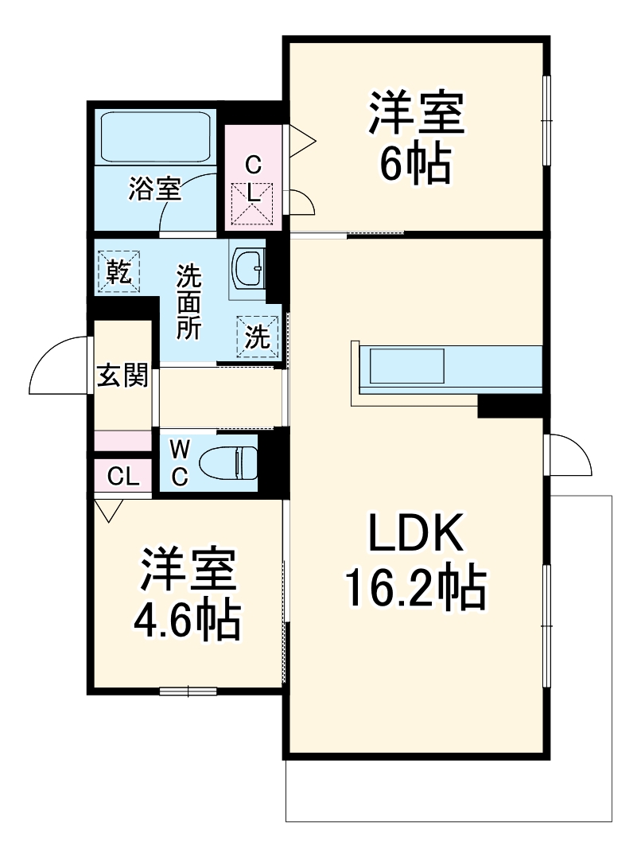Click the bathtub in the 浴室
pyautogui.click(x=155, y=136)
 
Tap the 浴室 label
pyautogui.click(x=155, y=189)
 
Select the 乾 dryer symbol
pyautogui.click(x=119, y=271)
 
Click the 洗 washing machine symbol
pyautogui.click(x=256, y=337)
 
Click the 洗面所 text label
pyautogui.click(x=189, y=302)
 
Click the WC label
pyautogui.click(x=180, y=463)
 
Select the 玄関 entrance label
pyautogui.click(x=122, y=375)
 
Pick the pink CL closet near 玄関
pyautogui.click(x=123, y=476)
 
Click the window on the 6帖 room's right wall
pyautogui.click(x=546, y=119)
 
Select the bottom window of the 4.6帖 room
pyautogui.click(x=188, y=690)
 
